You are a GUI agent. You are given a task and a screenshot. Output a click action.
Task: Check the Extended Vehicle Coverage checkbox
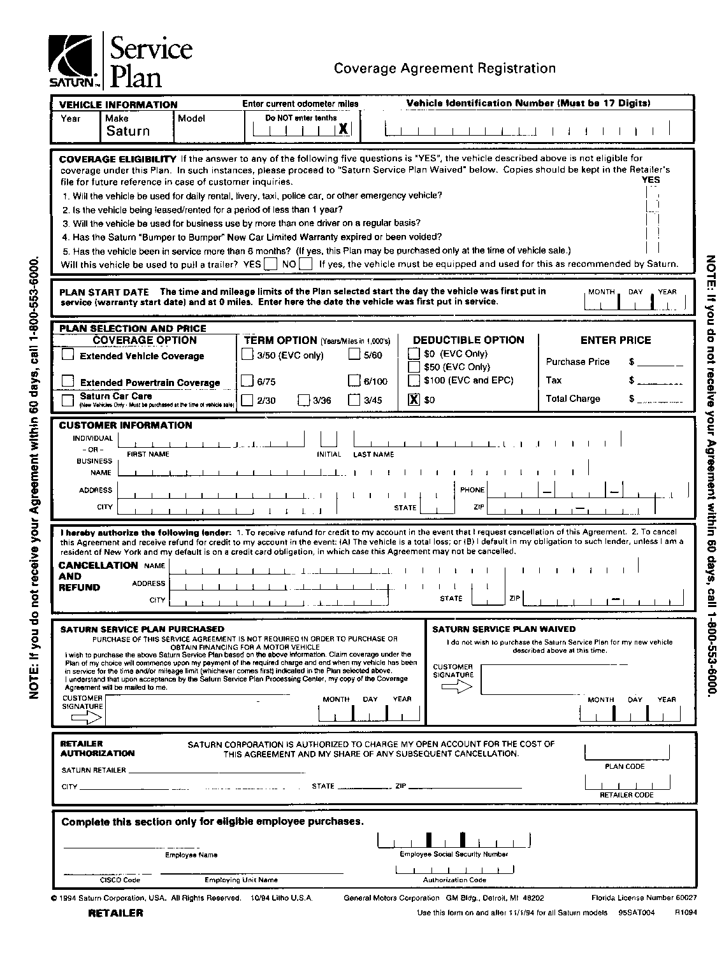point(68,355)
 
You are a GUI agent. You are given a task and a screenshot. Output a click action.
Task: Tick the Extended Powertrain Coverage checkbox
point(68,381)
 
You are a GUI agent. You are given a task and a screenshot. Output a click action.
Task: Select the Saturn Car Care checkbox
point(68,400)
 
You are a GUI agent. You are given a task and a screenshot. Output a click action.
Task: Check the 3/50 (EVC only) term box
point(248,354)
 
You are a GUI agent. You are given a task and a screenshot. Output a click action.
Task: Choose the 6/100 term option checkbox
point(354,381)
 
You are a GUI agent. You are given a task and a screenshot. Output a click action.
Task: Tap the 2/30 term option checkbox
point(248,400)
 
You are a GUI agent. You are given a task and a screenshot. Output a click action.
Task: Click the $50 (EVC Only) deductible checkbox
point(414,367)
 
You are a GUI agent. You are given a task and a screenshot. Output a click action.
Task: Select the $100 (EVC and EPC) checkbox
point(414,380)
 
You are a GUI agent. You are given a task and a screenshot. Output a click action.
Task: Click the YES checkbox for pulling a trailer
point(270,264)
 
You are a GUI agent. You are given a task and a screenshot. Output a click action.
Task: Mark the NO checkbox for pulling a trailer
point(306,264)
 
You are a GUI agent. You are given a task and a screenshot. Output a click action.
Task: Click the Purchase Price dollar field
point(660,362)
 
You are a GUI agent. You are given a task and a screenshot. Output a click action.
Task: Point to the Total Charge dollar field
point(660,399)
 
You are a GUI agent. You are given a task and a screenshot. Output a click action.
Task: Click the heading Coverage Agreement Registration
point(445,68)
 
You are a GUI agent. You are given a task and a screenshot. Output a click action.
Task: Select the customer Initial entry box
point(328,439)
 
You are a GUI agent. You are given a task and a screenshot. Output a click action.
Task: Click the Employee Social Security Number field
point(453,841)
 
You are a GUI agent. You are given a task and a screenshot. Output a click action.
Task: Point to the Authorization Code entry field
point(454,869)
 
